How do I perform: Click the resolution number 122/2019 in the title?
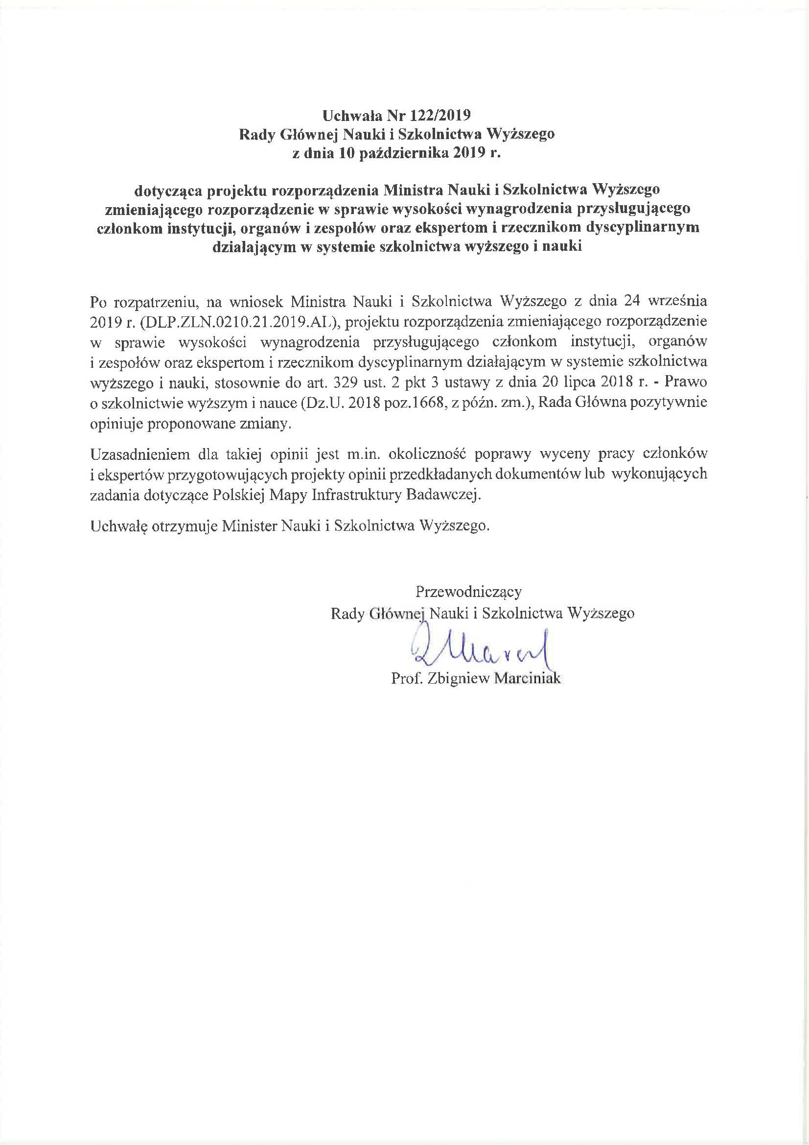[x=440, y=116]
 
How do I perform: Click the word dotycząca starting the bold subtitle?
[x=167, y=190]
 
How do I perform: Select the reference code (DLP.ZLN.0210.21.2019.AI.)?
[x=240, y=322]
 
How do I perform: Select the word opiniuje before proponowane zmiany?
[x=116, y=424]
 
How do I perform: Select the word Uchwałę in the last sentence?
[x=118, y=526]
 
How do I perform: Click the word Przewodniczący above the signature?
[x=468, y=592]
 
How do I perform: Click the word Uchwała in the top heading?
[x=351, y=116]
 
